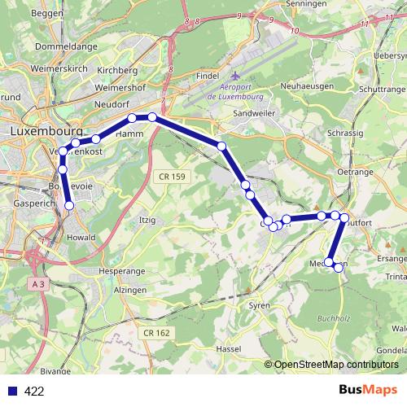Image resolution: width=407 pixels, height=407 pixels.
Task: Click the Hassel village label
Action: point(229,348)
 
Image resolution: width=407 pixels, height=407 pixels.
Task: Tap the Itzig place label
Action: point(147,220)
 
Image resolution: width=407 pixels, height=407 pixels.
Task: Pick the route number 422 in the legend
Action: point(34,391)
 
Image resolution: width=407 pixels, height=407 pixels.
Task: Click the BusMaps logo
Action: point(368,390)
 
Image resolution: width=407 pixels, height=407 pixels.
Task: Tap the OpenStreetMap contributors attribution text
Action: point(335,365)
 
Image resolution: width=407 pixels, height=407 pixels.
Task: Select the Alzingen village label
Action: point(131,289)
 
